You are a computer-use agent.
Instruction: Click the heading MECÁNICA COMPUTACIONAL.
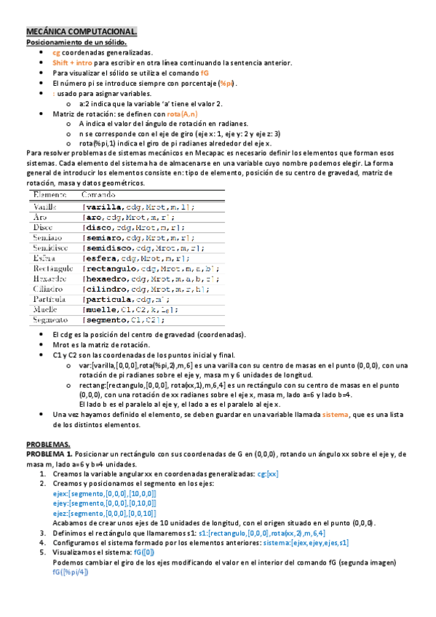[x=81, y=33]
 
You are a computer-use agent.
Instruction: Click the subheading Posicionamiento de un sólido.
[x=77, y=43]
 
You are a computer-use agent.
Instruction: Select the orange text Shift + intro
[x=72, y=63]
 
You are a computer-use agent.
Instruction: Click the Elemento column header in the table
[x=48, y=196]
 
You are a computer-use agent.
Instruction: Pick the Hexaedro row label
[x=49, y=279]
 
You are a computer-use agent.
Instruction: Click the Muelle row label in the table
[x=45, y=309]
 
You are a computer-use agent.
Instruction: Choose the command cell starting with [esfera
[x=136, y=258]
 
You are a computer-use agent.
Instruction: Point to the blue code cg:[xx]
[x=267, y=474]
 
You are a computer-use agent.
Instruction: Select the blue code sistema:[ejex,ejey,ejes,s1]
[x=306, y=542]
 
